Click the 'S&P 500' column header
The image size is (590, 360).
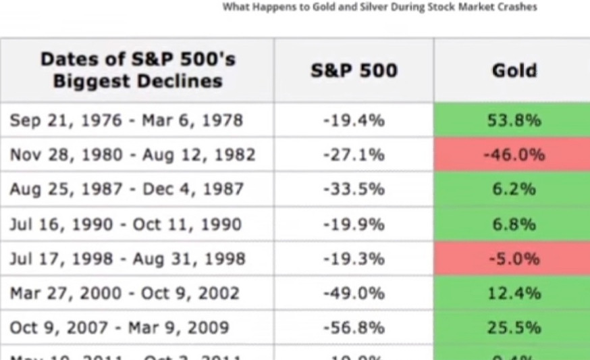[x=354, y=70]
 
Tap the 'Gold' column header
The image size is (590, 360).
[x=514, y=70]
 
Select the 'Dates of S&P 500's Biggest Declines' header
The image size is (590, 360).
[x=138, y=70]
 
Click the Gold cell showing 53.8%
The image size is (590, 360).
[x=514, y=120]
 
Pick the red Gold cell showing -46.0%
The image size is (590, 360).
[x=514, y=155]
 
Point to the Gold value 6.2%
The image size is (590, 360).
[x=514, y=189]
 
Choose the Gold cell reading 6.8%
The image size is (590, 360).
[x=514, y=224]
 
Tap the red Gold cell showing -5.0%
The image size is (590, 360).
[x=514, y=259]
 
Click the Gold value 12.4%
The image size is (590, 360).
[x=514, y=293]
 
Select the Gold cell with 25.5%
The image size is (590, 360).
[x=514, y=328]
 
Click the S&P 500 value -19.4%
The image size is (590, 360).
[x=354, y=120]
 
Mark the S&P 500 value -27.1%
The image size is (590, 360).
[x=354, y=155]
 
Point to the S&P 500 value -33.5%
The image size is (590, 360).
[x=354, y=189]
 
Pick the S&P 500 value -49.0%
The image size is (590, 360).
[x=354, y=293]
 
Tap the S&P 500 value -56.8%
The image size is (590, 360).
[x=354, y=328]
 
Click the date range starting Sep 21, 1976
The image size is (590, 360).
[x=126, y=120]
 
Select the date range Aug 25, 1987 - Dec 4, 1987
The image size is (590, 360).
[x=126, y=189]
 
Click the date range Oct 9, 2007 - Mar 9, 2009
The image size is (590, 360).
[x=119, y=328]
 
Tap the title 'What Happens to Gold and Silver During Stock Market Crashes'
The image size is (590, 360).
[x=379, y=7]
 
